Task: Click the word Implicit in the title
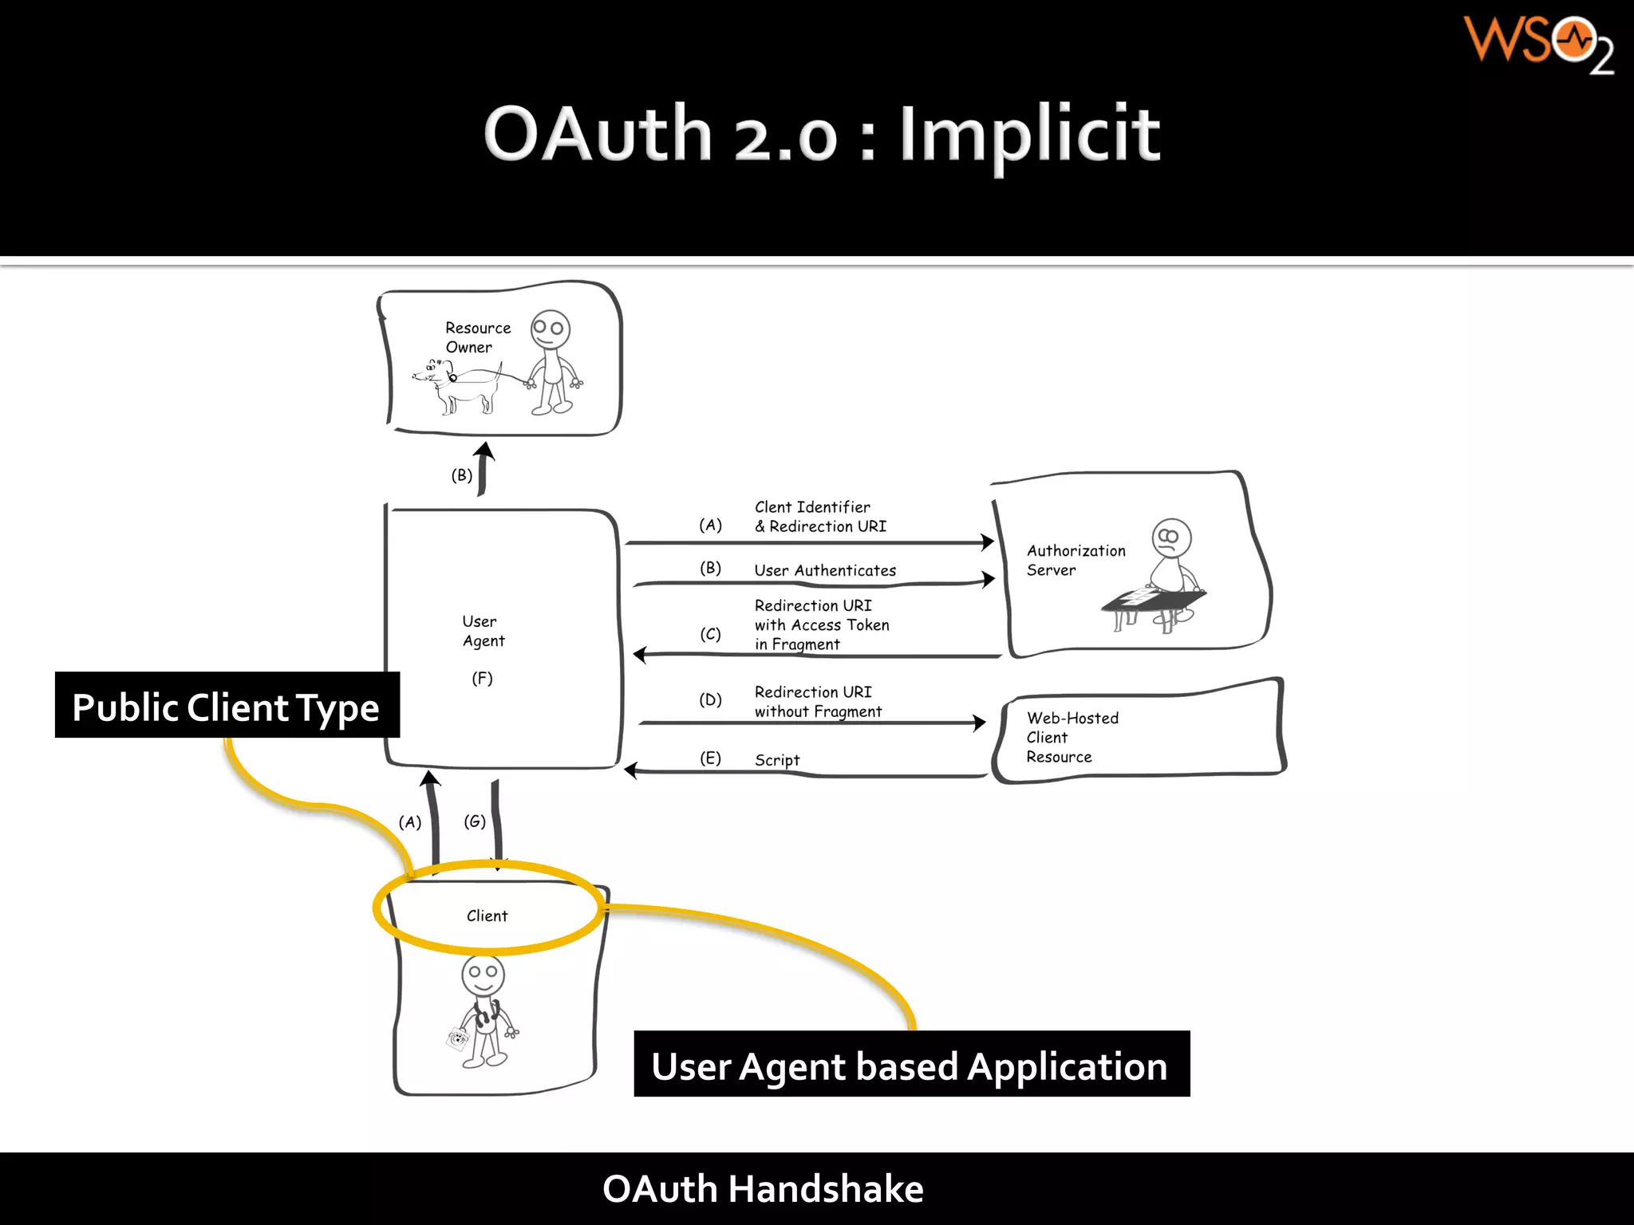tap(1029, 136)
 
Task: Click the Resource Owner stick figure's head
tap(551, 328)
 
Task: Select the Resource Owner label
tap(477, 337)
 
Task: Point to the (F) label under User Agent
tap(482, 679)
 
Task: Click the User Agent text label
tap(483, 631)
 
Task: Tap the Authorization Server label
tap(1075, 560)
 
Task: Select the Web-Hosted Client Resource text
tap(1072, 737)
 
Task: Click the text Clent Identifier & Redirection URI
tap(819, 517)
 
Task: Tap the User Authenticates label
tap(825, 570)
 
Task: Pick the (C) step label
tap(710, 634)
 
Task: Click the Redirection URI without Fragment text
tap(817, 702)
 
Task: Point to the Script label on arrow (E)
tap(776, 760)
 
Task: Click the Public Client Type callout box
tap(227, 706)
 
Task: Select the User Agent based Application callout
tap(910, 1065)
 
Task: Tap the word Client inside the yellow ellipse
tap(487, 916)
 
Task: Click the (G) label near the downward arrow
tap(475, 821)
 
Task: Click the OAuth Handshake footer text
tap(763, 1188)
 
